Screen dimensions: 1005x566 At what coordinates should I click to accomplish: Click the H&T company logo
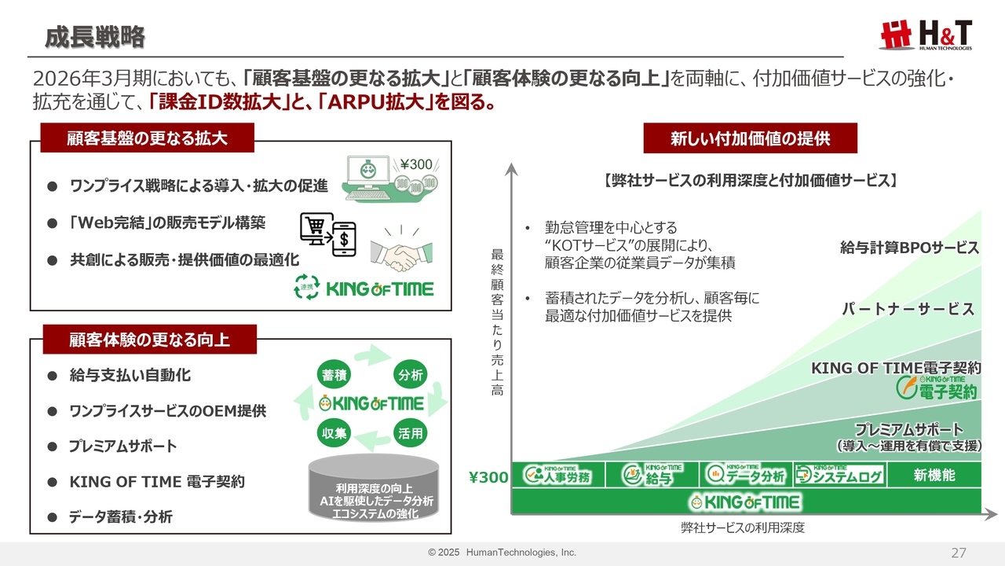[925, 35]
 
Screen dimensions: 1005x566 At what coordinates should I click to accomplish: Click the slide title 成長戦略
[95, 36]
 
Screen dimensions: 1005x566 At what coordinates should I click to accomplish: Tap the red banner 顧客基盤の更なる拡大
[147, 138]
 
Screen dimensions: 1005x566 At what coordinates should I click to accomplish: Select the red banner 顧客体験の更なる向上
[150, 339]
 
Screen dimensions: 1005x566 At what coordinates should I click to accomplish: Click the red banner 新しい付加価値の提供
[750, 138]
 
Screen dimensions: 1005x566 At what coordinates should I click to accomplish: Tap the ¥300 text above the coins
[416, 165]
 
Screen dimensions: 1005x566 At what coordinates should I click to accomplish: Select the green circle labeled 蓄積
[334, 375]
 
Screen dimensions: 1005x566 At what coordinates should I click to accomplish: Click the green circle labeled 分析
[410, 375]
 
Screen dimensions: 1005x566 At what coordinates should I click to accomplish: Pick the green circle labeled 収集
[334, 432]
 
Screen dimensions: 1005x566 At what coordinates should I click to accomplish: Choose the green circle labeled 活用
[410, 432]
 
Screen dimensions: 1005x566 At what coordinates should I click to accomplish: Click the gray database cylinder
[373, 488]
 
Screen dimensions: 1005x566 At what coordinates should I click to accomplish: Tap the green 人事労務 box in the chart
[558, 475]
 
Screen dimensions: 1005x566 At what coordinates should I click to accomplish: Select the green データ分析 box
[746, 475]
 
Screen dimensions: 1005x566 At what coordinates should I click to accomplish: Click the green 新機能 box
[934, 475]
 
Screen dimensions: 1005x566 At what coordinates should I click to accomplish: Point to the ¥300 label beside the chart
[488, 477]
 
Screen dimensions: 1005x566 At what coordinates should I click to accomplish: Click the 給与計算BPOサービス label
[909, 248]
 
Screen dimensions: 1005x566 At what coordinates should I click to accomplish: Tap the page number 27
[959, 553]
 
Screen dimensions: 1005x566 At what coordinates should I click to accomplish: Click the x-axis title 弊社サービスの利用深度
[743, 527]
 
